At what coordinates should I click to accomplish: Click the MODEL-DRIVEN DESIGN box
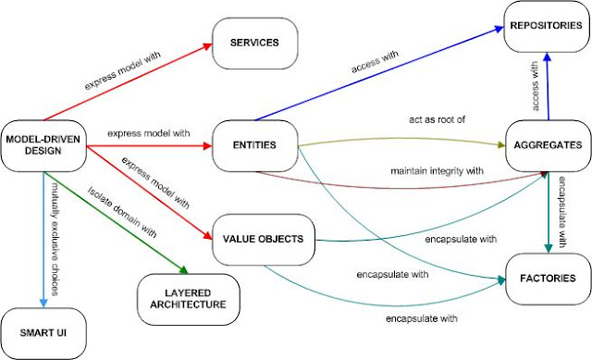coord(43,145)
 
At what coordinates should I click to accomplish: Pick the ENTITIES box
coord(256,145)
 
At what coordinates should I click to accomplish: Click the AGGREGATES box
coord(547,146)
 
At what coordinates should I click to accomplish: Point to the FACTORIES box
coord(547,278)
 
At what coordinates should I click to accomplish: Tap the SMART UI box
coord(43,329)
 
